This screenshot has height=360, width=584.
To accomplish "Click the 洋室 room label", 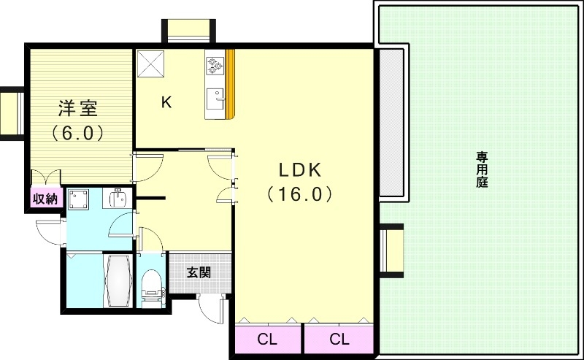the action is point(78,109).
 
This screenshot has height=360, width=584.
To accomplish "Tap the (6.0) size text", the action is point(78,133).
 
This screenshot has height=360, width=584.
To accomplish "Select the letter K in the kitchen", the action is point(166,102).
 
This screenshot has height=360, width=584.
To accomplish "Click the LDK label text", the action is point(300,170).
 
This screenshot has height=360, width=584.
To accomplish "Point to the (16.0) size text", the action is point(299,194).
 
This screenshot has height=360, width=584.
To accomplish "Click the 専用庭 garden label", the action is point(482,169).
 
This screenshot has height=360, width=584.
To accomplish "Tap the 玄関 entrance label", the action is point(199,273).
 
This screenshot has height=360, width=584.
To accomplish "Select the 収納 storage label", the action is point(45,199).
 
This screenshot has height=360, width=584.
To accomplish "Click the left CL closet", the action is point(268,340).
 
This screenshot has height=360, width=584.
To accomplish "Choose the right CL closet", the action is point(339,340).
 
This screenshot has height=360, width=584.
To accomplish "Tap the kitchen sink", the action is point(215,99).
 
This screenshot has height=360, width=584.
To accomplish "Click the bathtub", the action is point(118,281).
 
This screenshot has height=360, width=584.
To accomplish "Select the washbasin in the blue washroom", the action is point(118,199).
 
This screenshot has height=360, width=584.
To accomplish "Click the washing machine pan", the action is point(78,200).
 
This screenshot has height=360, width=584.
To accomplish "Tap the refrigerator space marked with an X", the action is point(150,64).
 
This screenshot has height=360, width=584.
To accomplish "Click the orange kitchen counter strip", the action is point(231,84).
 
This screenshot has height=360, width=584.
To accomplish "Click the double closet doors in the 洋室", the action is point(45,177).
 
